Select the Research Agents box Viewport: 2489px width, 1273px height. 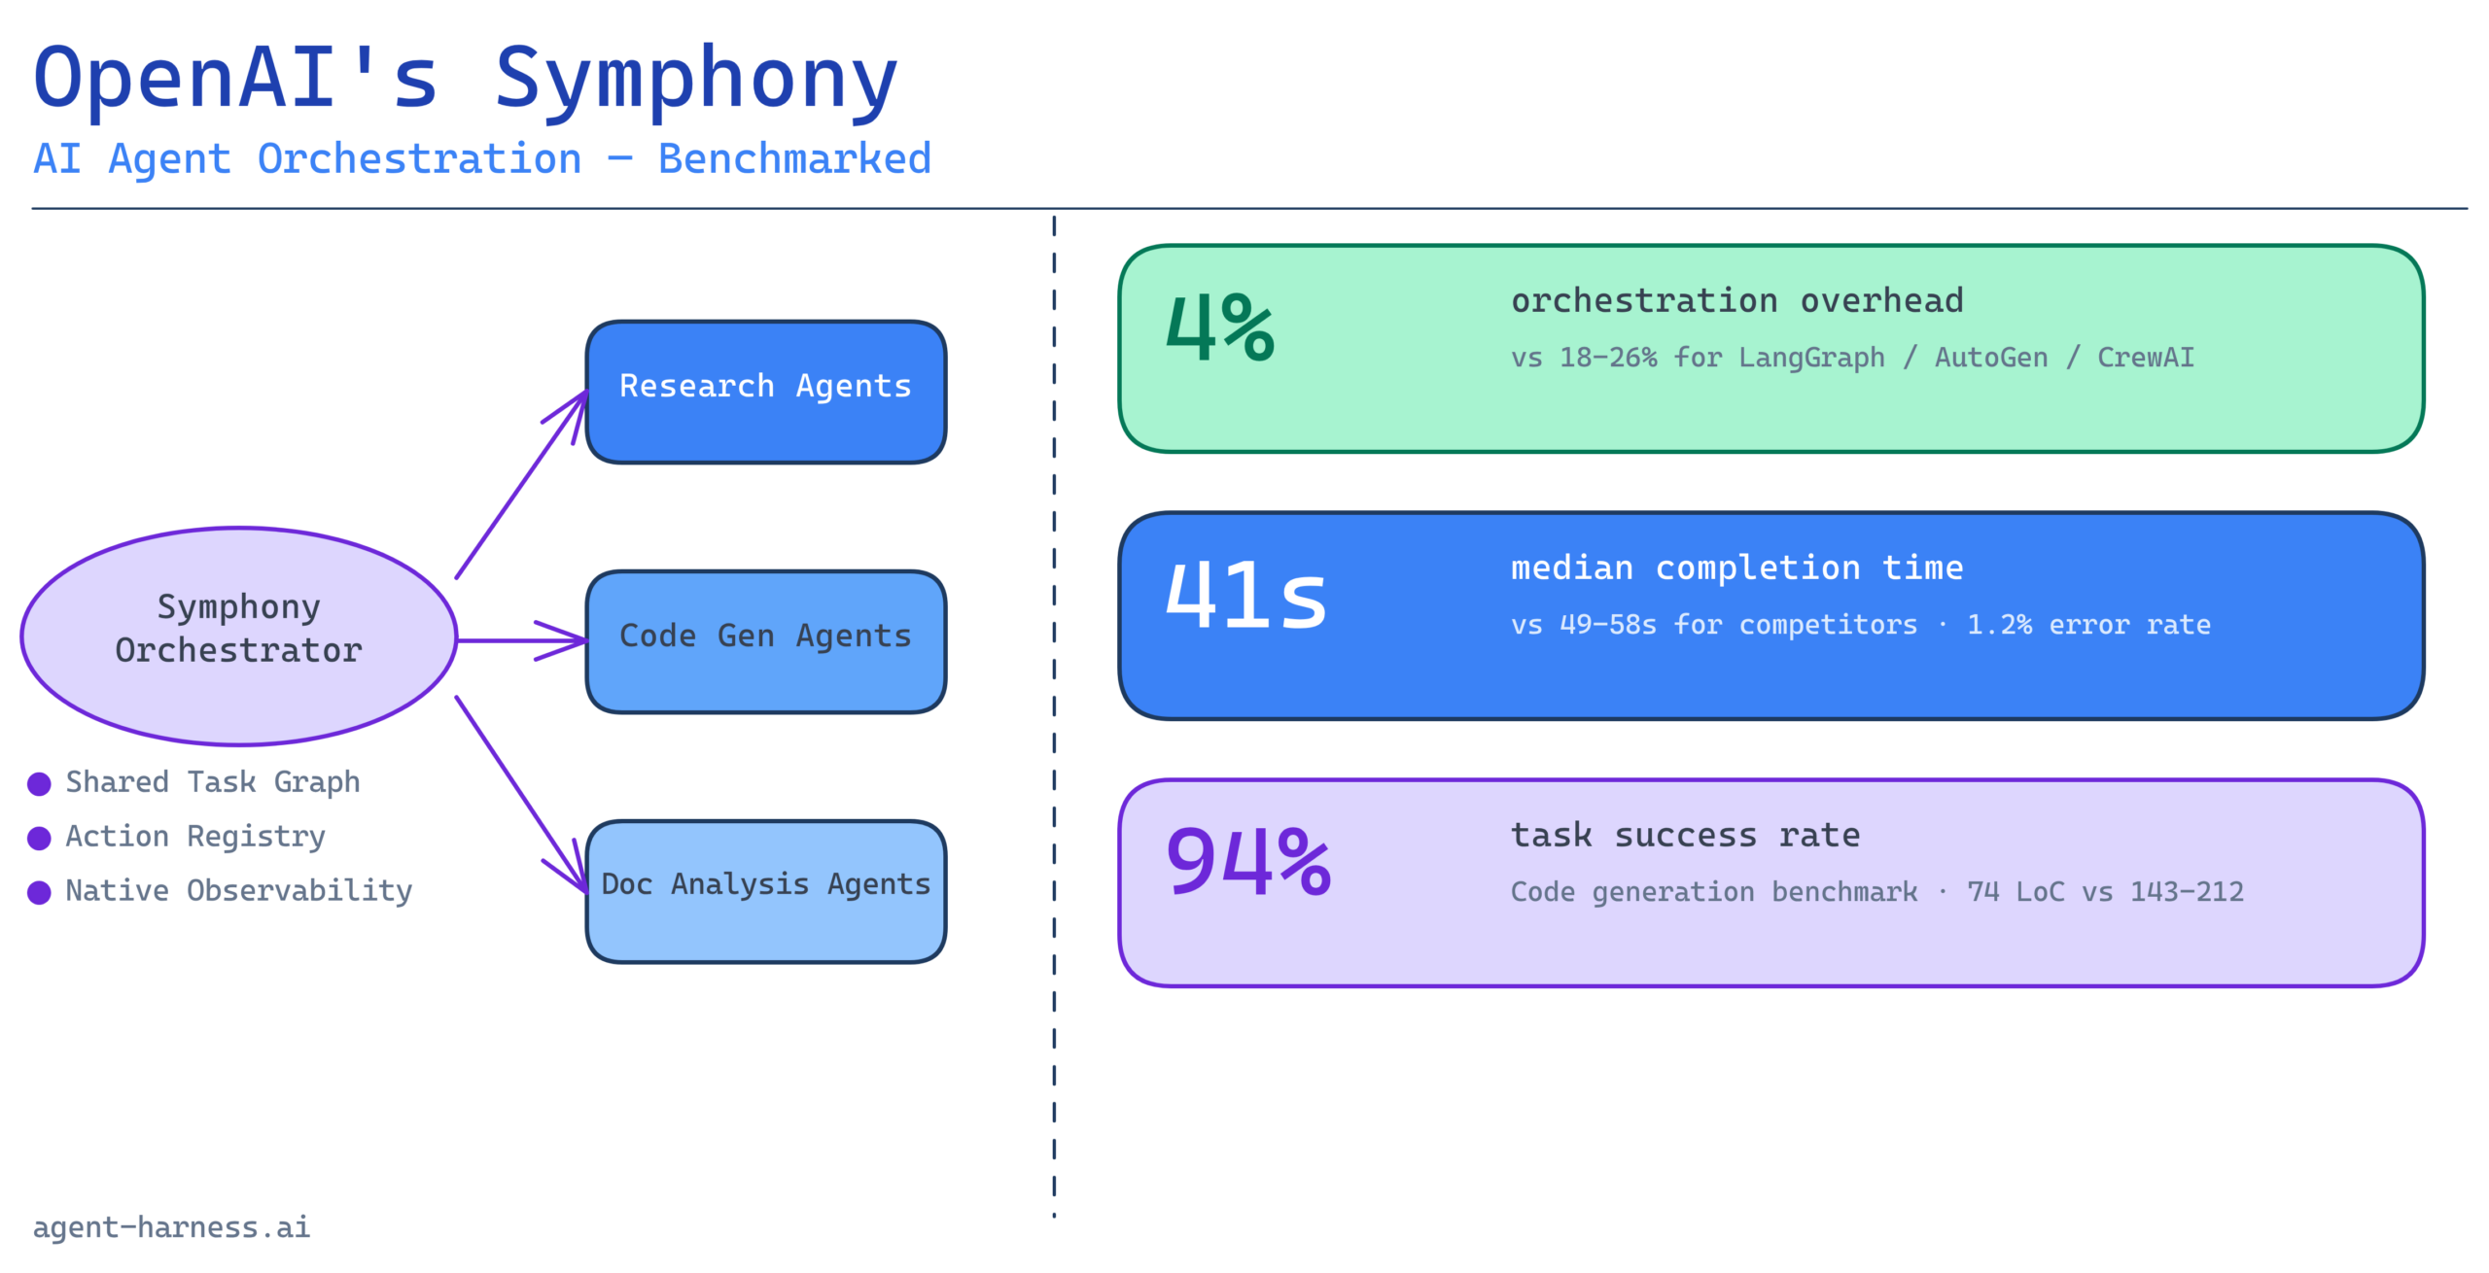click(766, 392)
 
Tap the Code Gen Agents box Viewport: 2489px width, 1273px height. click(766, 641)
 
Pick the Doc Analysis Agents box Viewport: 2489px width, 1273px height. click(766, 891)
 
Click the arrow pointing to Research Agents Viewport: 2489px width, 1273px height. click(522, 485)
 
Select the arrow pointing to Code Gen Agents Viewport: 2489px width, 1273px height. click(522, 640)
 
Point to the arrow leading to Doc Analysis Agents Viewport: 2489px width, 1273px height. click(522, 794)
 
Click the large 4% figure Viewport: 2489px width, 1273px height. click(1220, 327)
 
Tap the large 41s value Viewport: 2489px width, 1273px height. click(1245, 595)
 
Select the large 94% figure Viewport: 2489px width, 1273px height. click(1248, 861)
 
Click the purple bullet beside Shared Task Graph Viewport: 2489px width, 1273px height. click(39, 783)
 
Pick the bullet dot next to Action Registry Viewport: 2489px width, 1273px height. click(39, 838)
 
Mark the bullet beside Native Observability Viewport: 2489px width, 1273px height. click(39, 892)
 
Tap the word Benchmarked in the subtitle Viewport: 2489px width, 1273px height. click(794, 158)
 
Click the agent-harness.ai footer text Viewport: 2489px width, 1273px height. click(171, 1227)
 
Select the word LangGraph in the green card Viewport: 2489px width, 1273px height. click(1811, 358)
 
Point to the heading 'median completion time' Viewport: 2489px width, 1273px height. click(1736, 568)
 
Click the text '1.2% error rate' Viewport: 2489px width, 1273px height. click(2088, 624)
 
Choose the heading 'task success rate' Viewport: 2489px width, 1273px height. click(1685, 835)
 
